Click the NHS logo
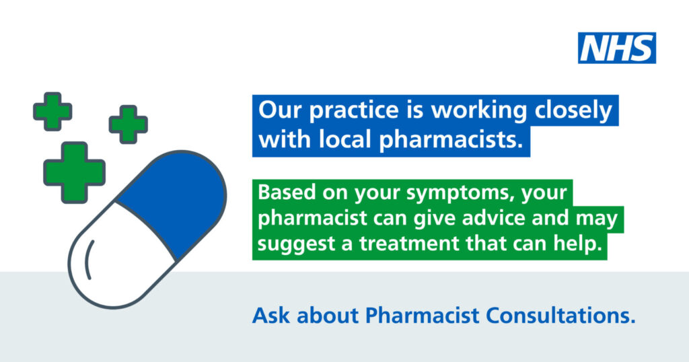coord(617,48)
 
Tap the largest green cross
coord(74,172)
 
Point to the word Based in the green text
coord(284,193)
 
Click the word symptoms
coord(458,194)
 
